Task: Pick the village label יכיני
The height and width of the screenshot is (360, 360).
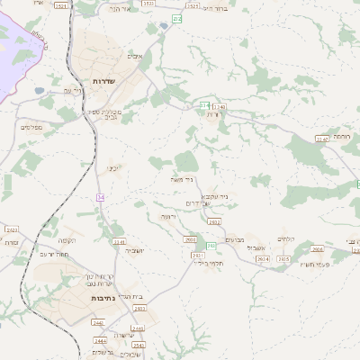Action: click(x=113, y=167)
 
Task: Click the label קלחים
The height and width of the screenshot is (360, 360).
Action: click(x=287, y=238)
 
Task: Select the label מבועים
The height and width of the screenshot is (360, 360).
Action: click(x=235, y=239)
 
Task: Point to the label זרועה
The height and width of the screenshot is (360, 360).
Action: click(x=168, y=217)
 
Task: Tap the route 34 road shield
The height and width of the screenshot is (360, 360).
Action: click(x=101, y=197)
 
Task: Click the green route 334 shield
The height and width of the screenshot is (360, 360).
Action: click(x=204, y=105)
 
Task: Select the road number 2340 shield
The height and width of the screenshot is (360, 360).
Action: click(x=220, y=107)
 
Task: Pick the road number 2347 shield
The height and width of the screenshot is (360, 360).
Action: click(x=321, y=139)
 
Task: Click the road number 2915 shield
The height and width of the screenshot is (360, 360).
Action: click(x=283, y=258)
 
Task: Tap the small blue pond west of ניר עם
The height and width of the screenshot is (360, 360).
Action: click(x=40, y=90)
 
